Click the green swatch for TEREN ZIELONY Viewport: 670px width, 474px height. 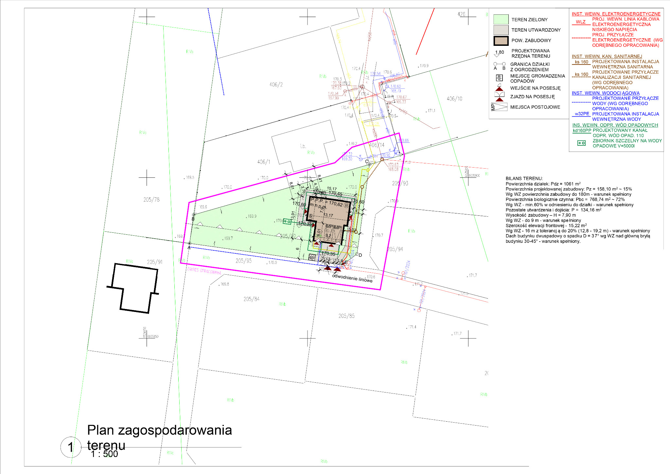(x=501, y=19)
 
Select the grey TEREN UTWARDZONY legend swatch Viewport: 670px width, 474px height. (x=501, y=30)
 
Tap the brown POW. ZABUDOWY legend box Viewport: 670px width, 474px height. (x=501, y=41)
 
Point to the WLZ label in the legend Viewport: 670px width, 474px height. (x=581, y=22)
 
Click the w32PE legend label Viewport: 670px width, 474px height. (x=582, y=114)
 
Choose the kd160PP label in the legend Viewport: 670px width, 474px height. (x=582, y=130)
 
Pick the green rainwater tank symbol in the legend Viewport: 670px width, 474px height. (x=581, y=143)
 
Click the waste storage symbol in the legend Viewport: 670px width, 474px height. (x=499, y=78)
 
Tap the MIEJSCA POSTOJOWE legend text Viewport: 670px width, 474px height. (x=535, y=107)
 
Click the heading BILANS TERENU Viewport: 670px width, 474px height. (x=524, y=178)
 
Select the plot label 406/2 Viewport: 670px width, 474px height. (x=276, y=84)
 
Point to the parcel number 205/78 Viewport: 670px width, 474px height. (x=151, y=199)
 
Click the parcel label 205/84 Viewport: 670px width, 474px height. (x=251, y=299)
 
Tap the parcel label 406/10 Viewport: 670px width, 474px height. (x=454, y=99)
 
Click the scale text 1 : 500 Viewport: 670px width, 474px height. (x=104, y=454)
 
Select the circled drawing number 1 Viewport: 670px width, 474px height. (x=71, y=447)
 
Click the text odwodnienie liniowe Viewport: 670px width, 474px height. (x=352, y=278)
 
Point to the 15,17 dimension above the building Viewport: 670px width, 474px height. (x=331, y=189)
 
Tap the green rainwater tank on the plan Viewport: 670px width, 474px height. (x=287, y=222)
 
